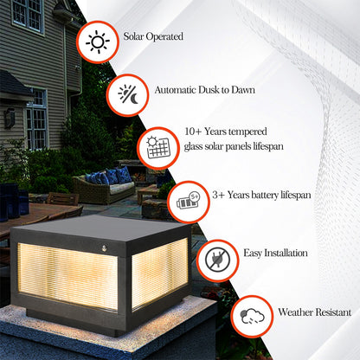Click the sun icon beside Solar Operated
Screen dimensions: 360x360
tap(97, 42)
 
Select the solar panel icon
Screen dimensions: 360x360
tap(157, 145)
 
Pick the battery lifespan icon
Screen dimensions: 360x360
tap(187, 202)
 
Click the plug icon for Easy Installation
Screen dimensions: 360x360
tap(217, 260)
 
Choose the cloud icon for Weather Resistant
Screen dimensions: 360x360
tap(253, 313)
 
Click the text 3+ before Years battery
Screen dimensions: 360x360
tap(220, 195)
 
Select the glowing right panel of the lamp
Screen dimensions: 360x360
tap(160, 273)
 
